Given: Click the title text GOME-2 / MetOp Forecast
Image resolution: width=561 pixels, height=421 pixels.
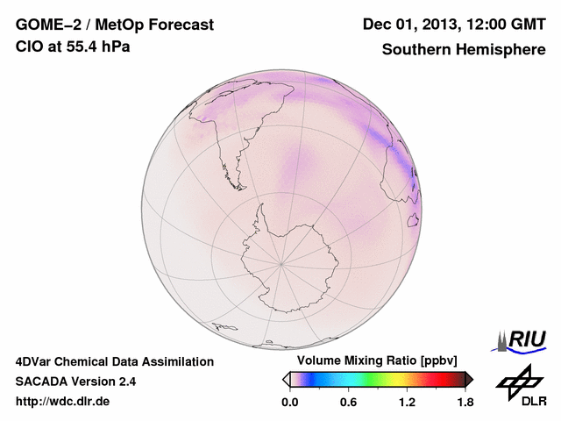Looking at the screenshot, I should click(x=114, y=25).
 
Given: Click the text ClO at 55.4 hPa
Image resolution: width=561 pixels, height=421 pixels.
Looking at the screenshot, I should click(x=73, y=46).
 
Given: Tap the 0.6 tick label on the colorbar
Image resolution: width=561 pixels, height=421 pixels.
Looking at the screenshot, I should click(x=348, y=403).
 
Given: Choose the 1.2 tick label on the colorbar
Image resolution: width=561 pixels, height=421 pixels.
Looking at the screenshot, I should click(x=407, y=403).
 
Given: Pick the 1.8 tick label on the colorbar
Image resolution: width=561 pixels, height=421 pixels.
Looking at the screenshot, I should click(x=465, y=403).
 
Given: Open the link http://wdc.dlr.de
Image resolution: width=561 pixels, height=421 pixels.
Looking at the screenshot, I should click(x=63, y=402).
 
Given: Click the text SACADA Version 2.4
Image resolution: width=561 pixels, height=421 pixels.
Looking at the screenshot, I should click(x=75, y=382).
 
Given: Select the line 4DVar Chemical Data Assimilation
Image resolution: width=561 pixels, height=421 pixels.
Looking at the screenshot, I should click(x=114, y=361).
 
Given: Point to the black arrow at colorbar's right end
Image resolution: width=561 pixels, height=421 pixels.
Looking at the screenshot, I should click(x=469, y=379).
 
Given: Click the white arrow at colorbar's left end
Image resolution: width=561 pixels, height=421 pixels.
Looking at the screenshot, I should click(x=286, y=379).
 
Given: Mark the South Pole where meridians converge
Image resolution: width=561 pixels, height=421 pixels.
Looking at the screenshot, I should click(x=281, y=262).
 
